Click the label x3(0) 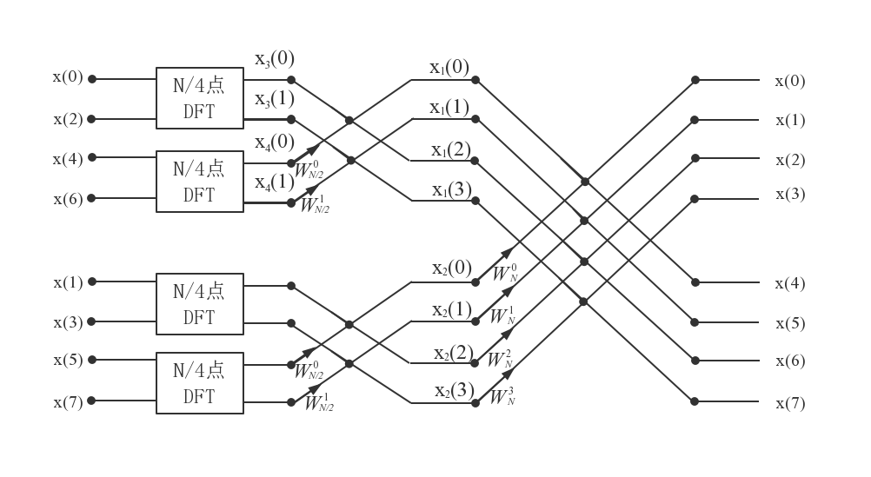tap(274, 59)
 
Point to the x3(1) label tap(274, 99)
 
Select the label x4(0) tap(274, 142)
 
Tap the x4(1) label tap(274, 182)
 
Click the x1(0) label tap(449, 67)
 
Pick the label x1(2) tap(450, 149)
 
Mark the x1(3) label tap(451, 189)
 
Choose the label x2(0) tap(452, 268)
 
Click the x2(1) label tap(452, 309)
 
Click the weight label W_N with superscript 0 tap(505, 273)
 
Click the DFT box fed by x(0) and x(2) tap(199, 97)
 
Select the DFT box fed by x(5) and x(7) tap(199, 382)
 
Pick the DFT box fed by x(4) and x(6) tap(199, 181)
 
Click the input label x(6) tap(67, 199)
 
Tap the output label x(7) tap(790, 403)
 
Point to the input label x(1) tap(67, 282)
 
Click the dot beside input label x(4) tap(91, 158)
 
